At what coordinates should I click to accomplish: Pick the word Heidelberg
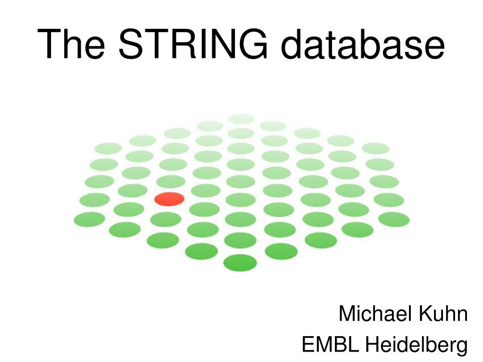tap(418, 346)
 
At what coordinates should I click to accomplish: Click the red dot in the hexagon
tap(169, 199)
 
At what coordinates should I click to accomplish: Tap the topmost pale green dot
tap(241, 118)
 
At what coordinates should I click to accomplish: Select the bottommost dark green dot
tap(240, 263)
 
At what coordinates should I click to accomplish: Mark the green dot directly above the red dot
tap(171, 181)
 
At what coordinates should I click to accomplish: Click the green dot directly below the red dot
tap(166, 219)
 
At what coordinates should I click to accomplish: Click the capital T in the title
tap(50, 44)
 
